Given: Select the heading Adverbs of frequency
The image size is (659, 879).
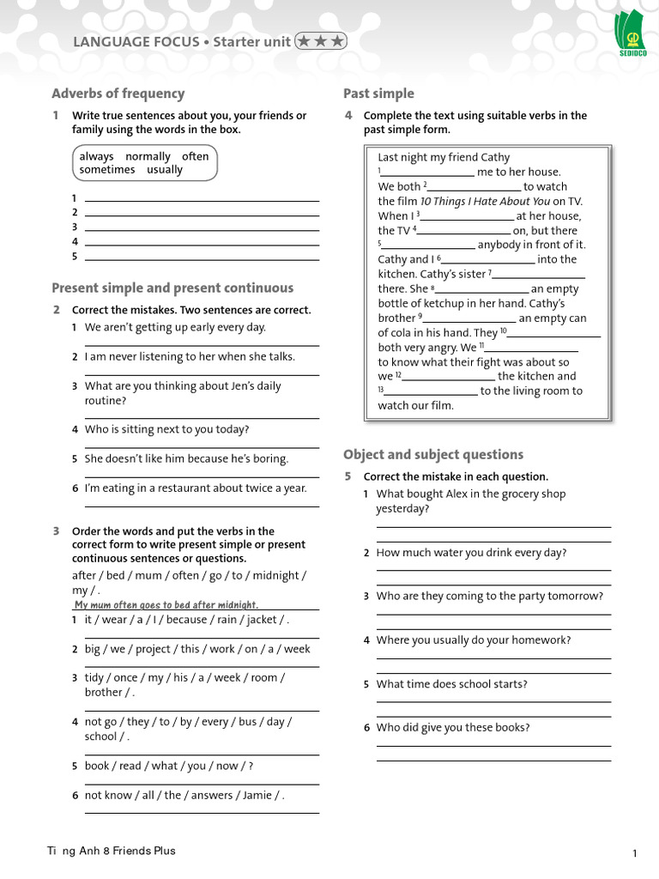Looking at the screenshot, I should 118,94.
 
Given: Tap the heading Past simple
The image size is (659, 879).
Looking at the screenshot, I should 378,94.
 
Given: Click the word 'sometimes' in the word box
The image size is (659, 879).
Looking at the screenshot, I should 107,170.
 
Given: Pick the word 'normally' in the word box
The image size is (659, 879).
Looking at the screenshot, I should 148,156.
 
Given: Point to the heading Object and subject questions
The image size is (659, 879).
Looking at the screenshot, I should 432,454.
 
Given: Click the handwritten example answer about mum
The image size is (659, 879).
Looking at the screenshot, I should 166,604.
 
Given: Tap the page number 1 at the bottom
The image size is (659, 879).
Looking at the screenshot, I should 634,852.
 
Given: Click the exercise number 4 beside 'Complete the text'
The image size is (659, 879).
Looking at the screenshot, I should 348,115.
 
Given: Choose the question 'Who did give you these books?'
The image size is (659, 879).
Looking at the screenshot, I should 453,727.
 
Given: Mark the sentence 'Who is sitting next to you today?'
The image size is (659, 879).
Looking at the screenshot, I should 167,429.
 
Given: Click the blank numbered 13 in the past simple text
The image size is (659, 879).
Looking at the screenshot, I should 429,391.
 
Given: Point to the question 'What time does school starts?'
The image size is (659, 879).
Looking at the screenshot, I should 452,684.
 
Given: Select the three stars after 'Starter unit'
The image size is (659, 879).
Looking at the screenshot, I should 320,41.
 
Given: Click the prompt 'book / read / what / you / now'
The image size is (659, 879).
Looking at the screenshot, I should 168,766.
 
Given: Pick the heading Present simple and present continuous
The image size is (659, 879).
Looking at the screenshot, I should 172,288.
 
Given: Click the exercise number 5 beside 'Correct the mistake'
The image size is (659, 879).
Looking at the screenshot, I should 348,476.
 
